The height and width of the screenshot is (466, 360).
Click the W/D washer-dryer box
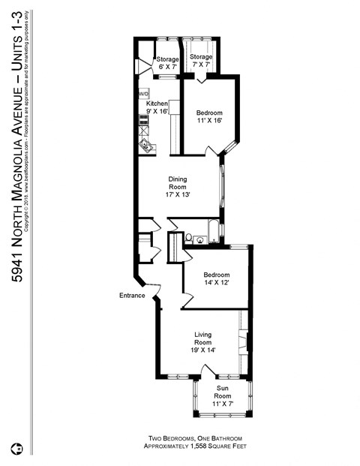click(143, 94)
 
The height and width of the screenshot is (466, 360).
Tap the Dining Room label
click(177, 187)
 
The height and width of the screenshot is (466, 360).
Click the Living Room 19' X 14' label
click(205, 341)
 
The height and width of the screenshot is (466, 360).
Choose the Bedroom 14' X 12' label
click(217, 279)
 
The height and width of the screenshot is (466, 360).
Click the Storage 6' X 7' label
click(166, 63)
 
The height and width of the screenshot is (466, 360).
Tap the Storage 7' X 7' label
click(200, 62)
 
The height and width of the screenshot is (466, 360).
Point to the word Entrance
click(131, 296)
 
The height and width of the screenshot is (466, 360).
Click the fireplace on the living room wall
click(242, 341)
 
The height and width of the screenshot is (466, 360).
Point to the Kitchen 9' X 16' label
click(157, 107)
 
